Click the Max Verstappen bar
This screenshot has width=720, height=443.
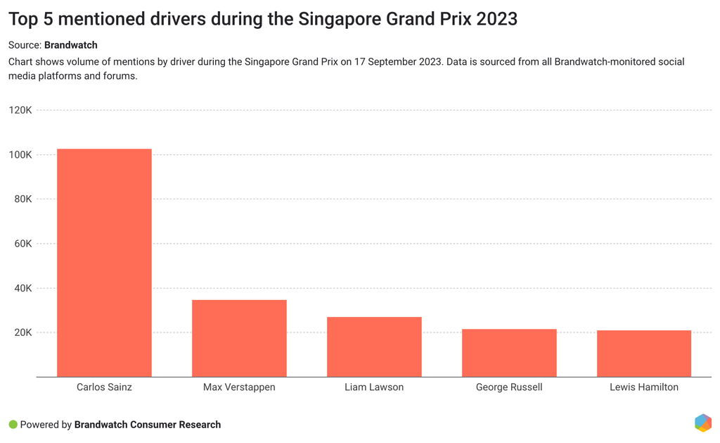point(239,338)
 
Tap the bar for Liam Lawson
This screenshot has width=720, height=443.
point(374,347)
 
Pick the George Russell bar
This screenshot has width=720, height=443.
point(509,353)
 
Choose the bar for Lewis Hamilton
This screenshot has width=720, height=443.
point(644,354)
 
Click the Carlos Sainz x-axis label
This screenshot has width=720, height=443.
point(104,387)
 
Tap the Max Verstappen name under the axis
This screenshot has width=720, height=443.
point(239,387)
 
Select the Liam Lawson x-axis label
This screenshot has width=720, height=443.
point(374,387)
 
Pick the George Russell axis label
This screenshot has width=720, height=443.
point(509,387)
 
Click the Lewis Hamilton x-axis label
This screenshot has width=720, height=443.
point(644,387)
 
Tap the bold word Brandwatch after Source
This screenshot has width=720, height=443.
point(71,45)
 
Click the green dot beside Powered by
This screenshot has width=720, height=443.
point(13,425)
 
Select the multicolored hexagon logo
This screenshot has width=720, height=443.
point(702,423)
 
